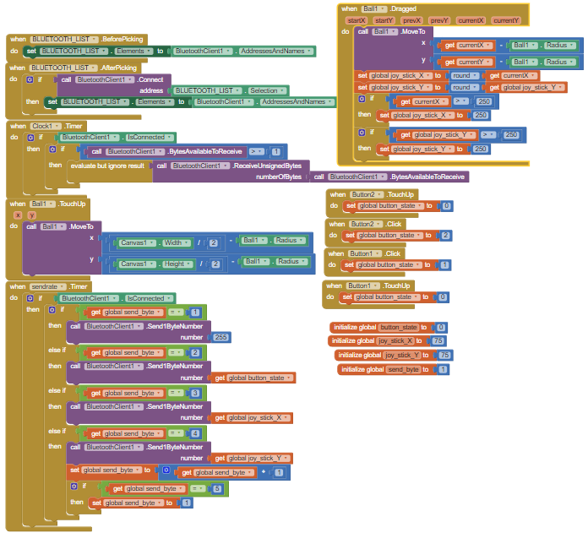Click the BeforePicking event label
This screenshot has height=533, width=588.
[x=122, y=40]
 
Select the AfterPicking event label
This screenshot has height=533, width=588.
[x=120, y=68]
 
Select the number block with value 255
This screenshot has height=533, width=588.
[x=221, y=337]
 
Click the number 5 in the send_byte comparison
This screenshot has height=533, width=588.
[x=216, y=488]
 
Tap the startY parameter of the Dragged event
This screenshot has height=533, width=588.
[x=384, y=19]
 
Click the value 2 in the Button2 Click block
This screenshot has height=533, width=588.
[x=445, y=235]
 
